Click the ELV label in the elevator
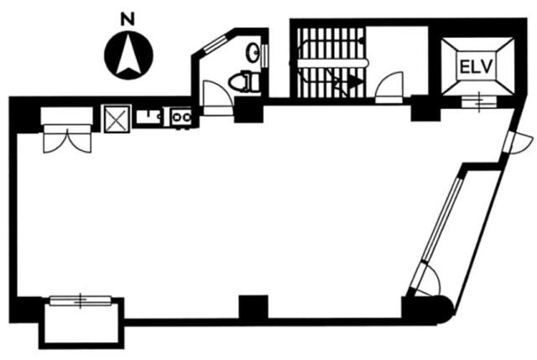(476, 66)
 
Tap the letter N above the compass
(128, 19)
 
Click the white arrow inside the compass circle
(128, 54)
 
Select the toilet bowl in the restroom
(244, 81)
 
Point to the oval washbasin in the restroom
(253, 52)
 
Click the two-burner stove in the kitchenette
(181, 117)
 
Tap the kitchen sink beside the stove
(149, 117)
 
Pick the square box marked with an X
(117, 119)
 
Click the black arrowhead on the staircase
(356, 82)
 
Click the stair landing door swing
(389, 86)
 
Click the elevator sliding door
(479, 102)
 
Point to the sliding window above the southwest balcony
(81, 300)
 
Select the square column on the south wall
(253, 308)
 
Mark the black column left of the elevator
(425, 107)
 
